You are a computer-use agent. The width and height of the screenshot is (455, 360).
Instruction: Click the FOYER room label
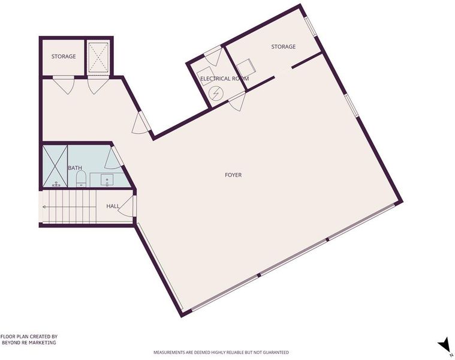click(x=233, y=175)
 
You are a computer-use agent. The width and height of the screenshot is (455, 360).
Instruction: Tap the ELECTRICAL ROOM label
click(x=225, y=79)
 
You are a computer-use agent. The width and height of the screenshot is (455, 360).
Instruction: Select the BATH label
click(x=75, y=168)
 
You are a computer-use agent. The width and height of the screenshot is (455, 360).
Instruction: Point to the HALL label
click(x=113, y=206)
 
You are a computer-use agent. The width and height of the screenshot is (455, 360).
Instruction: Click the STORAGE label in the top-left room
click(x=64, y=56)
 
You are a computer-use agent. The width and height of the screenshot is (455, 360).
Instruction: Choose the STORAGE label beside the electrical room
click(x=284, y=46)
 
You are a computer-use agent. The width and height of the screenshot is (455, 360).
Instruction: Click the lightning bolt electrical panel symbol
click(x=216, y=93)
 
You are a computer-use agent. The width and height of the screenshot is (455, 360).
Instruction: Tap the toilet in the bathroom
click(x=81, y=179)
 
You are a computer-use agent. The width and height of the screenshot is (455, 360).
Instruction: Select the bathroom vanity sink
click(x=107, y=180)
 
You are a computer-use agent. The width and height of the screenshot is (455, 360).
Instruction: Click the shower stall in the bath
click(x=55, y=166)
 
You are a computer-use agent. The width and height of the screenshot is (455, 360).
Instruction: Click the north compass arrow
click(x=444, y=345)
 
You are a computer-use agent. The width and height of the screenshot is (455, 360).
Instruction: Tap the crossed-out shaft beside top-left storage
click(x=98, y=57)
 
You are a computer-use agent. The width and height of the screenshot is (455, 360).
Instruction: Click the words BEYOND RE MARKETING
click(x=29, y=343)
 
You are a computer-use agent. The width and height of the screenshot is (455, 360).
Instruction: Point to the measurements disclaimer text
click(x=221, y=352)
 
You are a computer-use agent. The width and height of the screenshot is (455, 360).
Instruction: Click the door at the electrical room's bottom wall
click(x=237, y=101)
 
